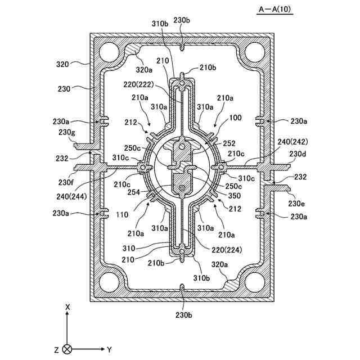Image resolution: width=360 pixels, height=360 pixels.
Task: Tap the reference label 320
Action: [62, 65]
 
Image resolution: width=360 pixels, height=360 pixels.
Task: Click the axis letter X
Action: [67, 307]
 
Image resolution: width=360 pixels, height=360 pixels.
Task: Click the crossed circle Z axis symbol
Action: [67, 349]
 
